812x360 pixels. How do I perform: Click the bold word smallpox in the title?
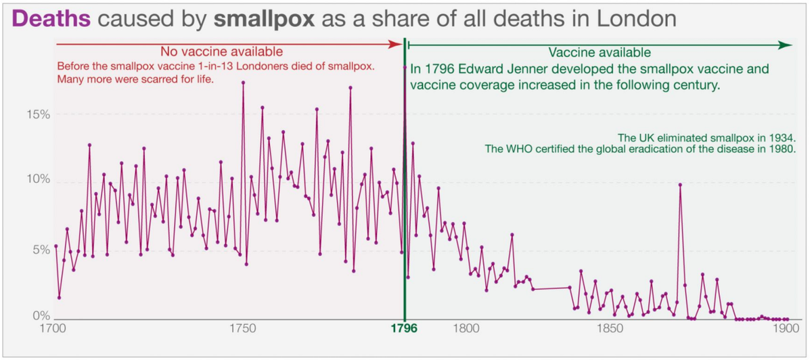(x=264, y=18)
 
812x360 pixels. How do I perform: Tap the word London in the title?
(x=636, y=18)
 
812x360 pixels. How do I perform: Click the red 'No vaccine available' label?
(x=221, y=52)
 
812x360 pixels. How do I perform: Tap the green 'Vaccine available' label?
(x=600, y=52)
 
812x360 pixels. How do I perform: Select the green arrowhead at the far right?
(x=786, y=45)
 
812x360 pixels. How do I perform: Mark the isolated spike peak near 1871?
(x=680, y=185)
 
